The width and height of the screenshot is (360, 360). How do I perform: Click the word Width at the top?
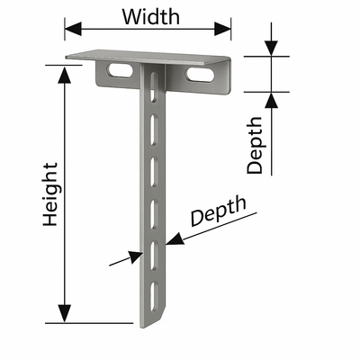(x=151, y=17)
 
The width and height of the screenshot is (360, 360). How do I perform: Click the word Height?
(x=50, y=194)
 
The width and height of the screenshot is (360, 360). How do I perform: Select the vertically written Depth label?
(x=255, y=145)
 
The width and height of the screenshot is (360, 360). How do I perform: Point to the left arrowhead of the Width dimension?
(x=73, y=29)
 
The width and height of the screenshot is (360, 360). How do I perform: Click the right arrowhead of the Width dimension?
(x=222, y=29)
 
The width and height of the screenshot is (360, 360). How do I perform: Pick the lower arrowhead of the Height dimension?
(x=64, y=314)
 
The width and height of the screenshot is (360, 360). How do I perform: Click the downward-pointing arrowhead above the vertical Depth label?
(x=271, y=48)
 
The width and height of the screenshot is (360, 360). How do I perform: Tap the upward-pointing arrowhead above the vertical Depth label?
(x=271, y=101)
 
